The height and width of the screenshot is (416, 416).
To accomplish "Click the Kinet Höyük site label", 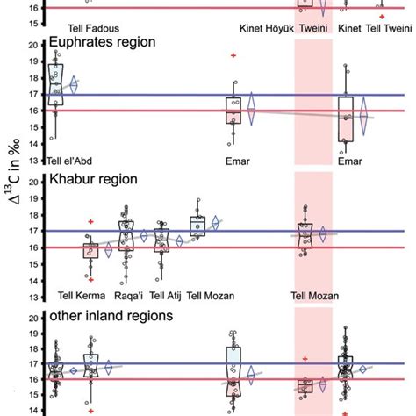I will (x=262, y=27).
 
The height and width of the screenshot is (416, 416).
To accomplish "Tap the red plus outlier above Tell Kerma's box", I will (x=90, y=222).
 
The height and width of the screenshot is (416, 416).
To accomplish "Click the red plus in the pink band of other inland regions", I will (x=305, y=359).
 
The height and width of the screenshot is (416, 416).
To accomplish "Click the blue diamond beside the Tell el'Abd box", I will (x=74, y=84).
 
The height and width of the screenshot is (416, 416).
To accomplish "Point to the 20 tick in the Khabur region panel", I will (x=32, y=183).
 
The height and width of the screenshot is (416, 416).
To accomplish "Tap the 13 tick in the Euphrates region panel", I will (x=32, y=160).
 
